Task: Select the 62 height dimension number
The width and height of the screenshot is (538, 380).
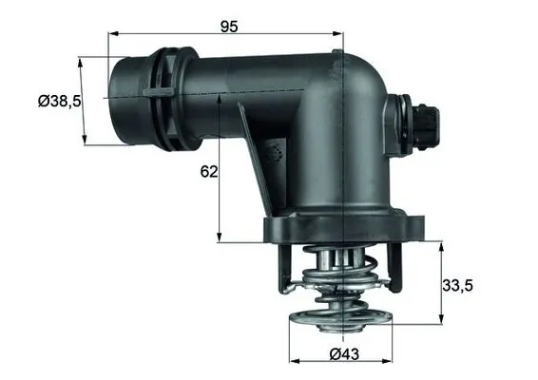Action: tap(209, 172)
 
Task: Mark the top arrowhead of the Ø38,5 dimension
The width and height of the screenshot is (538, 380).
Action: tap(82, 60)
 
